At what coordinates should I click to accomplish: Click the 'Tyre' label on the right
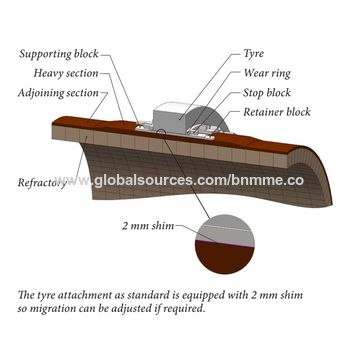click(254, 53)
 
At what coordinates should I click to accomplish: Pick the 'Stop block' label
click(266, 92)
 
